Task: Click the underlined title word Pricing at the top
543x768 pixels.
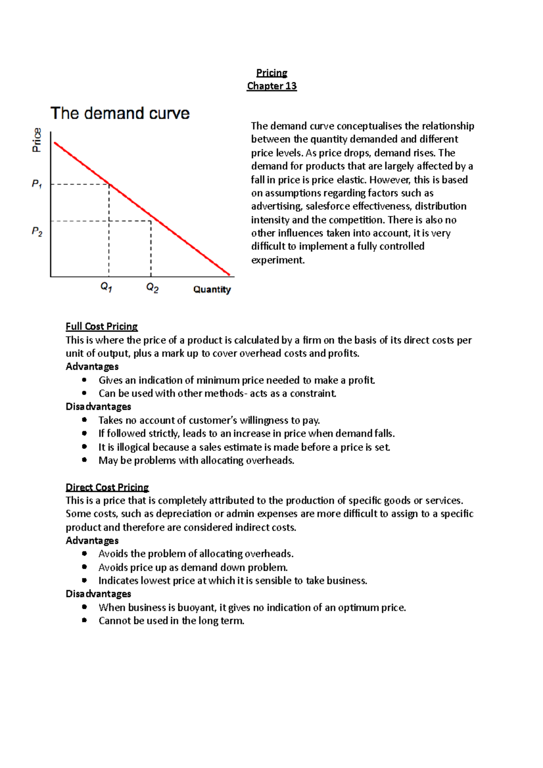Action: pyautogui.click(x=271, y=73)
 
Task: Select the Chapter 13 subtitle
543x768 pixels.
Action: pyautogui.click(x=271, y=86)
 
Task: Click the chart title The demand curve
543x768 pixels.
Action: pyautogui.click(x=120, y=113)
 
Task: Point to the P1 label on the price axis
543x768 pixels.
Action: pyautogui.click(x=37, y=184)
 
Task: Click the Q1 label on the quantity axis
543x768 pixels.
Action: pyautogui.click(x=106, y=287)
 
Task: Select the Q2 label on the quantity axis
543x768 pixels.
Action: pyautogui.click(x=152, y=288)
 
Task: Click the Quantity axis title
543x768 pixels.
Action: pyautogui.click(x=212, y=289)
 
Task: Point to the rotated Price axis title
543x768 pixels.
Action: pyautogui.click(x=37, y=140)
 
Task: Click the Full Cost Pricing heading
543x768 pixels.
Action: pyautogui.click(x=101, y=327)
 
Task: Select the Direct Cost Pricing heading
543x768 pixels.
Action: pyautogui.click(x=107, y=487)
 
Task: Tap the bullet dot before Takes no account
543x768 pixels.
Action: pyautogui.click(x=84, y=420)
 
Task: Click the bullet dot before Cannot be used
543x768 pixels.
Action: pyautogui.click(x=84, y=621)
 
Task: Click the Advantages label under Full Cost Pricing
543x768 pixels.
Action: pyautogui.click(x=92, y=367)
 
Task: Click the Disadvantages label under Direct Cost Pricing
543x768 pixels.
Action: pyautogui.click(x=98, y=594)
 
